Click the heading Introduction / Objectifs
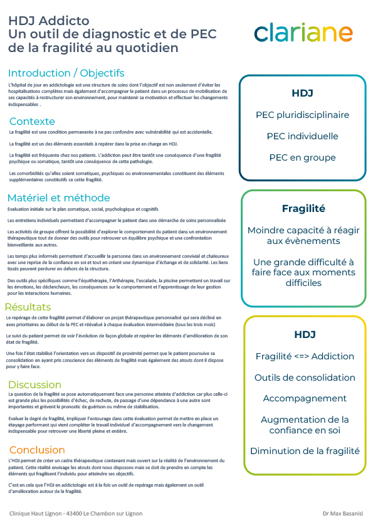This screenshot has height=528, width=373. click(66, 73)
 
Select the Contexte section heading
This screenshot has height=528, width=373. click(32, 121)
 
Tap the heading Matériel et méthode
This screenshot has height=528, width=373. click(58, 198)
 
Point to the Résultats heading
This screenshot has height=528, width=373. click(28, 307)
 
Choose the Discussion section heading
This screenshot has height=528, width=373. click(34, 384)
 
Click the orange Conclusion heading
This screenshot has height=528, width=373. click(37, 450)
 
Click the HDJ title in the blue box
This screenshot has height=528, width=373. click(302, 93)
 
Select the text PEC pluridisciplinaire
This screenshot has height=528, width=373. click(302, 115)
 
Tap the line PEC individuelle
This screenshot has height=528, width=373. click(302, 136)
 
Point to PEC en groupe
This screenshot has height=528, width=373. click(302, 157)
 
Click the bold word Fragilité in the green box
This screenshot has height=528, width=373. click(303, 208)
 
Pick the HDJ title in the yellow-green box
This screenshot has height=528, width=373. click(305, 334)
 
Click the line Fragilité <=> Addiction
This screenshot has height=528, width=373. click(305, 356)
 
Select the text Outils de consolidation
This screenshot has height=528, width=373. click(305, 378)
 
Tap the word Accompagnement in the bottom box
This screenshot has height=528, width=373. click(305, 398)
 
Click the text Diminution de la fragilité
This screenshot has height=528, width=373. click(305, 451)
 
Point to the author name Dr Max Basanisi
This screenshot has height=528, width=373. click(343, 514)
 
